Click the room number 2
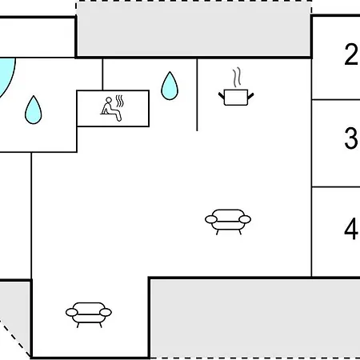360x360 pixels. point(350,54)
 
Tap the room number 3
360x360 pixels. point(350,138)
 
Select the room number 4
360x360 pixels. point(350,229)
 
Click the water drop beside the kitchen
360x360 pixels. point(170,86)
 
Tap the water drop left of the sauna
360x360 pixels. point(34,110)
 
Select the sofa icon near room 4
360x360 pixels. point(228,222)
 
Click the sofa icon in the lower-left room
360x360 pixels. point(89,314)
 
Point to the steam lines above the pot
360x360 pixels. point(237,78)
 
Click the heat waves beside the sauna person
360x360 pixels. point(120,101)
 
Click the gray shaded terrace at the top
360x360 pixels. point(194,30)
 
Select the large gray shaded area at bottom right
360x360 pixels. point(254,318)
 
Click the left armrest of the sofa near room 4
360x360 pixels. point(211,219)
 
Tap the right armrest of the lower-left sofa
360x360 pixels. point(106,312)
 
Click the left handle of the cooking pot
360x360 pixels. point(222,95)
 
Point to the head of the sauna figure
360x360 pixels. point(109,100)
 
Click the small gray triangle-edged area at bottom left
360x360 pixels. point(14,318)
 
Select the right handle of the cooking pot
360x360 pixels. point(250,95)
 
